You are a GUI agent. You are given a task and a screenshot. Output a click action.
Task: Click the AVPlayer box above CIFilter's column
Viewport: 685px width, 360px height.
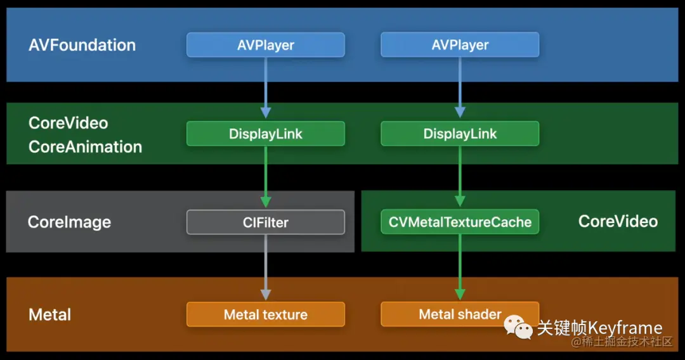pyautogui.click(x=266, y=44)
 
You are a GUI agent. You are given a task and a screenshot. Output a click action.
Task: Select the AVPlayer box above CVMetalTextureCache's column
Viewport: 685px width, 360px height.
pyautogui.click(x=460, y=44)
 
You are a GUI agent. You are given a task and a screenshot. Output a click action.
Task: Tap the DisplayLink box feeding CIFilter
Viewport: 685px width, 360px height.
pyautogui.click(x=266, y=134)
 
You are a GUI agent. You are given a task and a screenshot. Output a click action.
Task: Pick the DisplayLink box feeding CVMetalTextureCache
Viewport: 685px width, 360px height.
pyautogui.click(x=460, y=134)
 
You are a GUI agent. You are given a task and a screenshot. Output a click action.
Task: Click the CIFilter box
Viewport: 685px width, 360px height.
pyautogui.click(x=266, y=222)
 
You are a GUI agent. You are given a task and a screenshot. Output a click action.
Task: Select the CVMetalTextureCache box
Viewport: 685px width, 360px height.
pyautogui.click(x=460, y=222)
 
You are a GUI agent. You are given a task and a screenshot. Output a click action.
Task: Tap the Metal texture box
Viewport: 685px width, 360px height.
pyautogui.click(x=266, y=314)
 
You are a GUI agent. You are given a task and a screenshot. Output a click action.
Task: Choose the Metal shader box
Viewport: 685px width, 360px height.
pyautogui.click(x=460, y=314)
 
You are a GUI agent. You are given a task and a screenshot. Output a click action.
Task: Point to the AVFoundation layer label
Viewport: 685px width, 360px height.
pyautogui.click(x=82, y=45)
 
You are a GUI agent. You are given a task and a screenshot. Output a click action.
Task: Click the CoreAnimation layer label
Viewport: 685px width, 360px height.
pyautogui.click(x=85, y=147)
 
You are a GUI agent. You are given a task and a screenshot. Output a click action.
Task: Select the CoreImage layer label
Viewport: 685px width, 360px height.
pyautogui.click(x=70, y=222)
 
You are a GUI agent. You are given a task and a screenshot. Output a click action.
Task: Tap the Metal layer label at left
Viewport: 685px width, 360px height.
pyautogui.click(x=50, y=314)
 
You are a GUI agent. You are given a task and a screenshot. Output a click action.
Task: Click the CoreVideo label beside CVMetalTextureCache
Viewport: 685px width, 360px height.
pyautogui.click(x=618, y=221)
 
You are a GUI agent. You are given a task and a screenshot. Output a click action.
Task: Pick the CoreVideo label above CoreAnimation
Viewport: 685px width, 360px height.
pyautogui.click(x=68, y=123)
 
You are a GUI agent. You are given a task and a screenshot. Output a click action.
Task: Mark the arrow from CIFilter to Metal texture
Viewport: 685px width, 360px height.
pyautogui.click(x=266, y=267)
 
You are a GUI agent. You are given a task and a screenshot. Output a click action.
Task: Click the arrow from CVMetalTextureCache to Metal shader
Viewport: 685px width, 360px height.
pyautogui.click(x=460, y=267)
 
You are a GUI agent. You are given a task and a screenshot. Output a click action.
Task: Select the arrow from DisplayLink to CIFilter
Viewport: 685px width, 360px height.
pyautogui.click(x=266, y=177)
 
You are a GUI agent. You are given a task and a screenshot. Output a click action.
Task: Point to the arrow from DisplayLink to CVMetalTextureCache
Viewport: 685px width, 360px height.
pyautogui.click(x=460, y=176)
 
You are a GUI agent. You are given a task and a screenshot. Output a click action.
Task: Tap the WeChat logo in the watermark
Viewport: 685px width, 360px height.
pyautogui.click(x=518, y=327)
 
